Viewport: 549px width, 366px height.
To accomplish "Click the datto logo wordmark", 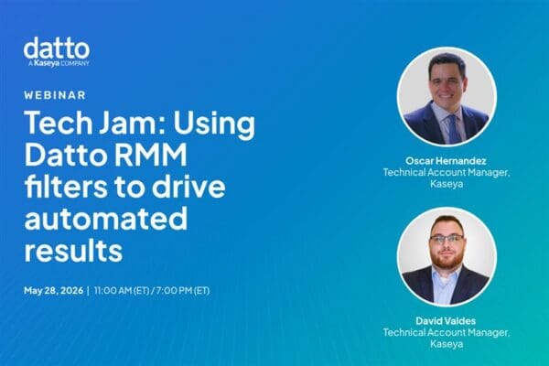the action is click(x=57, y=48).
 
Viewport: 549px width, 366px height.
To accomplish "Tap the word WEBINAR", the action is click(x=55, y=95).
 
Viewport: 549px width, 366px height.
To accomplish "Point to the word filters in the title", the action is click(x=66, y=186).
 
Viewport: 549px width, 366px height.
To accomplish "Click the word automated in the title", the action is click(x=106, y=218).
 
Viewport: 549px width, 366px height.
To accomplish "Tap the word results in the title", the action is click(x=73, y=250).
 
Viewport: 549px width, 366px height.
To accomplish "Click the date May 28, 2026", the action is click(x=54, y=290).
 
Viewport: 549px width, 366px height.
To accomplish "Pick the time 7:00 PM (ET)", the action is click(x=183, y=290).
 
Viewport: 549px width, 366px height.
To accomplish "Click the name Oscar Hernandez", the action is click(x=446, y=161).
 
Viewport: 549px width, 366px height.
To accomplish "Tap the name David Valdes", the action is click(x=446, y=321).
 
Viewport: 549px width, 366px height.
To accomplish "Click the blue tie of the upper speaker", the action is click(x=452, y=128).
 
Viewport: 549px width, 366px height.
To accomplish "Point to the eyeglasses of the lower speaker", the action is click(x=447, y=240).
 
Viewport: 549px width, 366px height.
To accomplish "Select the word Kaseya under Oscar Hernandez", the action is click(x=447, y=184).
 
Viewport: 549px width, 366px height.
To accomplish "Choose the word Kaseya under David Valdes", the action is click(x=447, y=344).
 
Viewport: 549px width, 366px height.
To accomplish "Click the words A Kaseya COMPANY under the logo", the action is click(x=59, y=63).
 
